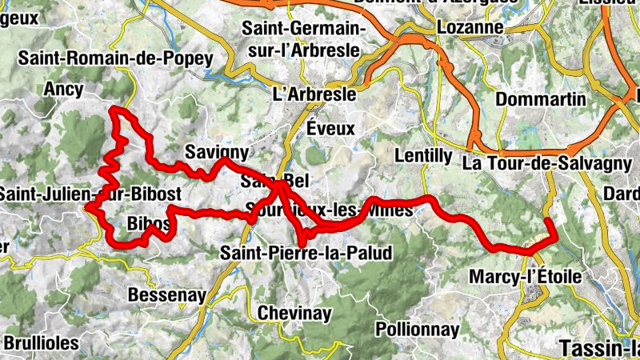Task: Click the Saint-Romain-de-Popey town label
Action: [x=116, y=58]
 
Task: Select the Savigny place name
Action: [x=216, y=151]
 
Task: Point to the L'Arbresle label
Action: [x=314, y=94]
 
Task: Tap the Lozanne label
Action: [x=470, y=27]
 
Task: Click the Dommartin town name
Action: [x=541, y=100]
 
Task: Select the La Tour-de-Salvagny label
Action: [x=547, y=162]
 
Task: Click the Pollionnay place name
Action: [x=418, y=329]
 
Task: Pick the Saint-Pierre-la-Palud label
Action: [x=306, y=254]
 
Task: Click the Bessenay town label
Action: [x=168, y=295]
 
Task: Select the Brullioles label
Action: [x=42, y=342]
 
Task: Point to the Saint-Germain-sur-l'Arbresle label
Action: [x=304, y=39]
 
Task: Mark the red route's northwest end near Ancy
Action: [x=114, y=109]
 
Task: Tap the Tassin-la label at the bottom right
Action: [x=599, y=348]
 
